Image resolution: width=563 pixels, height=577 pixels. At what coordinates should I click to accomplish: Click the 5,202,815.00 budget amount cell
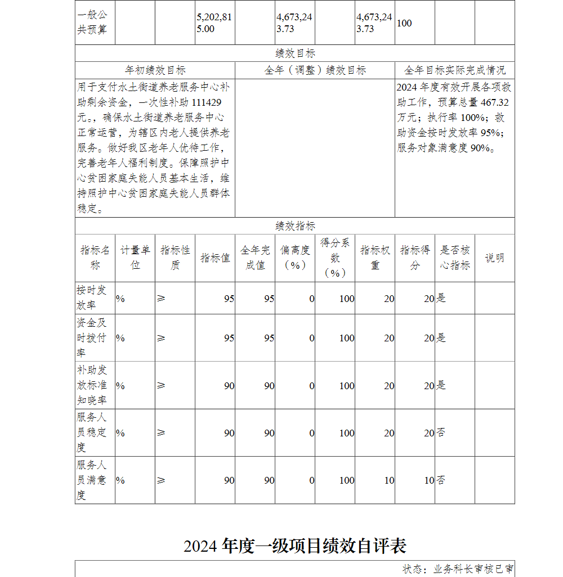tap(214, 23)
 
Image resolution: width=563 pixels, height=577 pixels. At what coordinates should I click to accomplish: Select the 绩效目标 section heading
tap(295, 53)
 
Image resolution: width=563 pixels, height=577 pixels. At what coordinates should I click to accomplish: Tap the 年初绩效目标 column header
tap(155, 70)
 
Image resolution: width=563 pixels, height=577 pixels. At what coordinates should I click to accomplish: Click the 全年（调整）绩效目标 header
tap(315, 70)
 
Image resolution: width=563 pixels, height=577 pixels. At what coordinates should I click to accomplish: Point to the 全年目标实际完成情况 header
tap(455, 70)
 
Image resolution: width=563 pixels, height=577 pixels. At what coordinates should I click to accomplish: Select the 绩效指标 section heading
tap(295, 226)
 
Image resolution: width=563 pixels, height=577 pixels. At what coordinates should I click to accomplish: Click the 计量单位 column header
tap(135, 258)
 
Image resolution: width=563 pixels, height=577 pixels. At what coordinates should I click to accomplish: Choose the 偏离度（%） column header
tap(295, 258)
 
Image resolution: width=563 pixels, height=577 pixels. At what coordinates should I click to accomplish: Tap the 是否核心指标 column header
tap(455, 258)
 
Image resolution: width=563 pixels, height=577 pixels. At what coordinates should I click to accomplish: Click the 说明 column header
tap(495, 258)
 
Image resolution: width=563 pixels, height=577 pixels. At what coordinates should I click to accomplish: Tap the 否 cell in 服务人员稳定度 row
tap(441, 432)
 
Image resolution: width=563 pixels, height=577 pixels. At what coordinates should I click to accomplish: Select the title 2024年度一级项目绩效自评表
tap(295, 546)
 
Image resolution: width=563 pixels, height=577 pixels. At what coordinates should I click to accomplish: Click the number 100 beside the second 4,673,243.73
tap(404, 23)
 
